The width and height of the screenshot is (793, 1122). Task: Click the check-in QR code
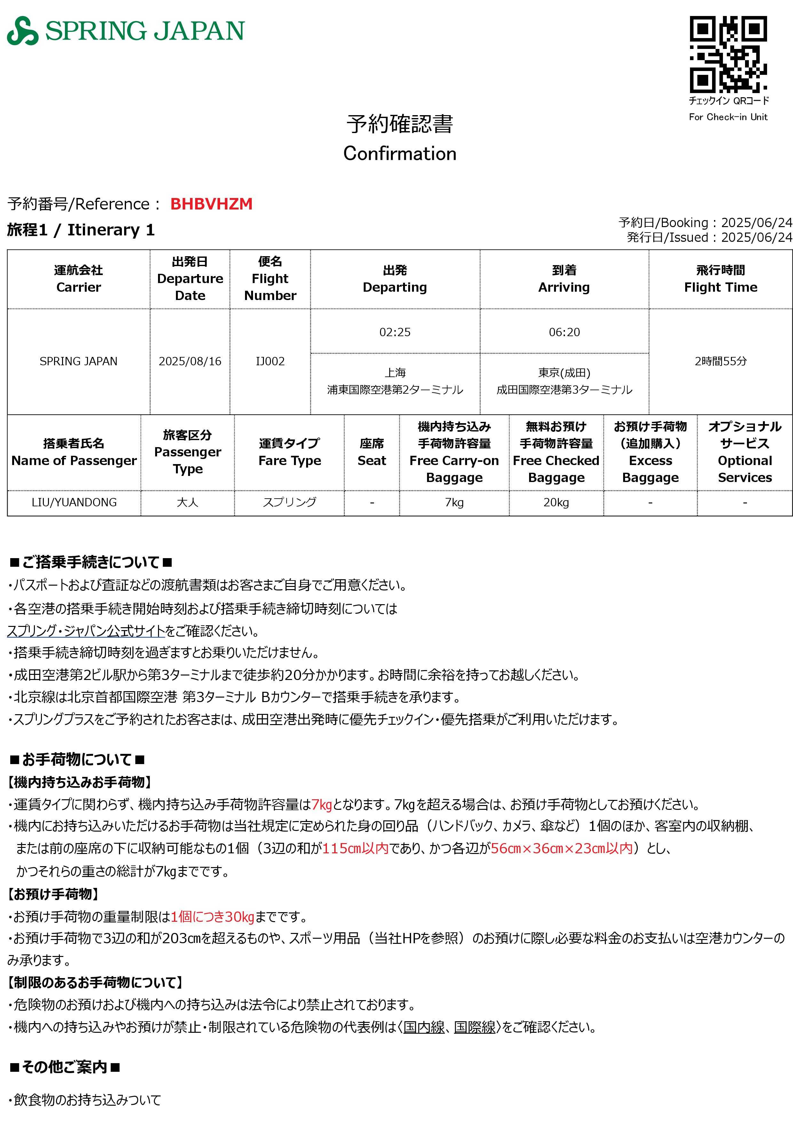coord(728,54)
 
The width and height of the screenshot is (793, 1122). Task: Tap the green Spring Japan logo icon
coord(22,31)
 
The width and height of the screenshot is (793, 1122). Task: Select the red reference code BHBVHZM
coord(211,204)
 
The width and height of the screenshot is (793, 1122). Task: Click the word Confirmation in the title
coord(400,154)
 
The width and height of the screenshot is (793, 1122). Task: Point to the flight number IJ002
coord(270,361)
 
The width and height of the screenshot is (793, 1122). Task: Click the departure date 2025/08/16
coord(190,361)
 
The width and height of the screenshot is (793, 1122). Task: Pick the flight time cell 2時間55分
coord(721,361)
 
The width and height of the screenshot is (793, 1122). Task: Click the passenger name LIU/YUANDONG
coord(74,502)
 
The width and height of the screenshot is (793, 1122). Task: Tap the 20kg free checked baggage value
coord(556,502)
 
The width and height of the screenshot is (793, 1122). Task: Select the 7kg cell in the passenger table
coord(454,502)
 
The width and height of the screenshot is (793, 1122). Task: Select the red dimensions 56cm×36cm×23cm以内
coord(562,848)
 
